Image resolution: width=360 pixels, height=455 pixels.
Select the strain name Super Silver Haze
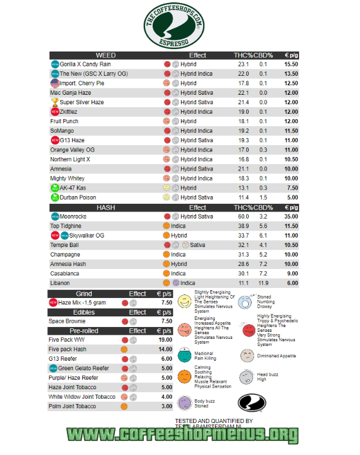[82, 102]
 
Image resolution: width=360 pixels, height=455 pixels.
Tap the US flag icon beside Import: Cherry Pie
[54, 83]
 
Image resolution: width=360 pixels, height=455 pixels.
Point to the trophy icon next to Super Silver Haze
[54, 102]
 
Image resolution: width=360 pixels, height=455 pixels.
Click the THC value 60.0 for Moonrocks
[243, 217]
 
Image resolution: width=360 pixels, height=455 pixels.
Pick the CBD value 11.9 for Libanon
[263, 283]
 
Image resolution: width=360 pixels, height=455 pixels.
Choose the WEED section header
[105, 55]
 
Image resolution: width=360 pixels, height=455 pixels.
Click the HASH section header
[105, 207]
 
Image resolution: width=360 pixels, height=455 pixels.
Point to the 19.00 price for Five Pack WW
[166, 340]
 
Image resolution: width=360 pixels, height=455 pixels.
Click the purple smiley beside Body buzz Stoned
[184, 403]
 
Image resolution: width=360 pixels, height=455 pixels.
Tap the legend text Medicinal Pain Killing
[206, 356]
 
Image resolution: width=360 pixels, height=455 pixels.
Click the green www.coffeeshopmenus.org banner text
[181, 435]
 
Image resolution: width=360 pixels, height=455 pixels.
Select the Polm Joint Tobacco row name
[72, 406]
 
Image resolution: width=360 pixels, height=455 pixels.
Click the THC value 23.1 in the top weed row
[243, 64]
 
